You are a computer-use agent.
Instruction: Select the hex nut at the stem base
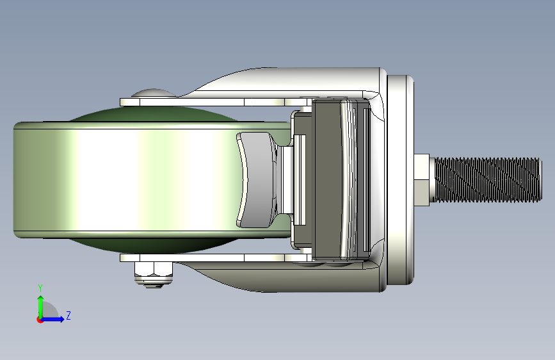pos(422,180)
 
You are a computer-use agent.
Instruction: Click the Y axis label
pos(40,288)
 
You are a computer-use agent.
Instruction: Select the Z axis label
pos(68,315)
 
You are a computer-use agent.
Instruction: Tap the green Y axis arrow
pos(41,307)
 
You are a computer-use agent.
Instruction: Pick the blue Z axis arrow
pos(52,319)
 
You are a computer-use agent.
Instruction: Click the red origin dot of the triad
pos(40,320)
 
